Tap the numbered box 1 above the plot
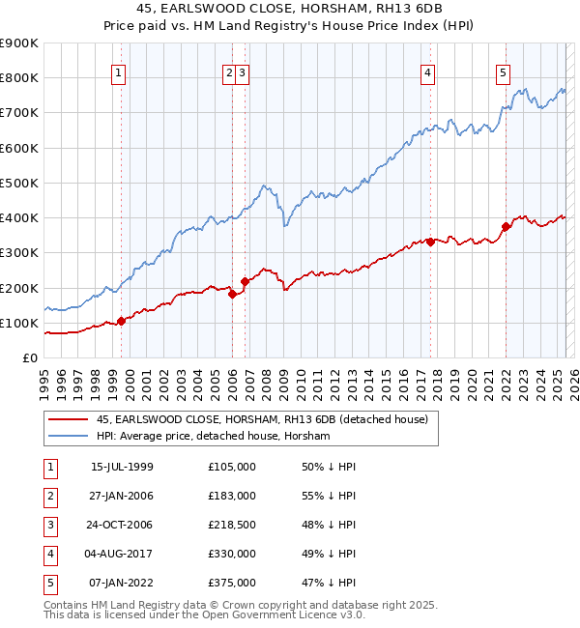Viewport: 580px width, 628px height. (x=118, y=71)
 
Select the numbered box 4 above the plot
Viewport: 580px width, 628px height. (x=427, y=71)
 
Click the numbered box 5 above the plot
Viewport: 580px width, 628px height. (x=504, y=71)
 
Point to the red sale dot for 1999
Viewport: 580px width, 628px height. (x=122, y=321)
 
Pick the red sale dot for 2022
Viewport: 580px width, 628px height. (x=506, y=226)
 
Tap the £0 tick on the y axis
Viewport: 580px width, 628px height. (x=29, y=358)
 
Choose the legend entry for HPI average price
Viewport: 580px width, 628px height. (x=213, y=437)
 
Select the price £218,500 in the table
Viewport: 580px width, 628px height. (x=232, y=525)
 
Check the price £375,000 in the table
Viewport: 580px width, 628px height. (x=232, y=583)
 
